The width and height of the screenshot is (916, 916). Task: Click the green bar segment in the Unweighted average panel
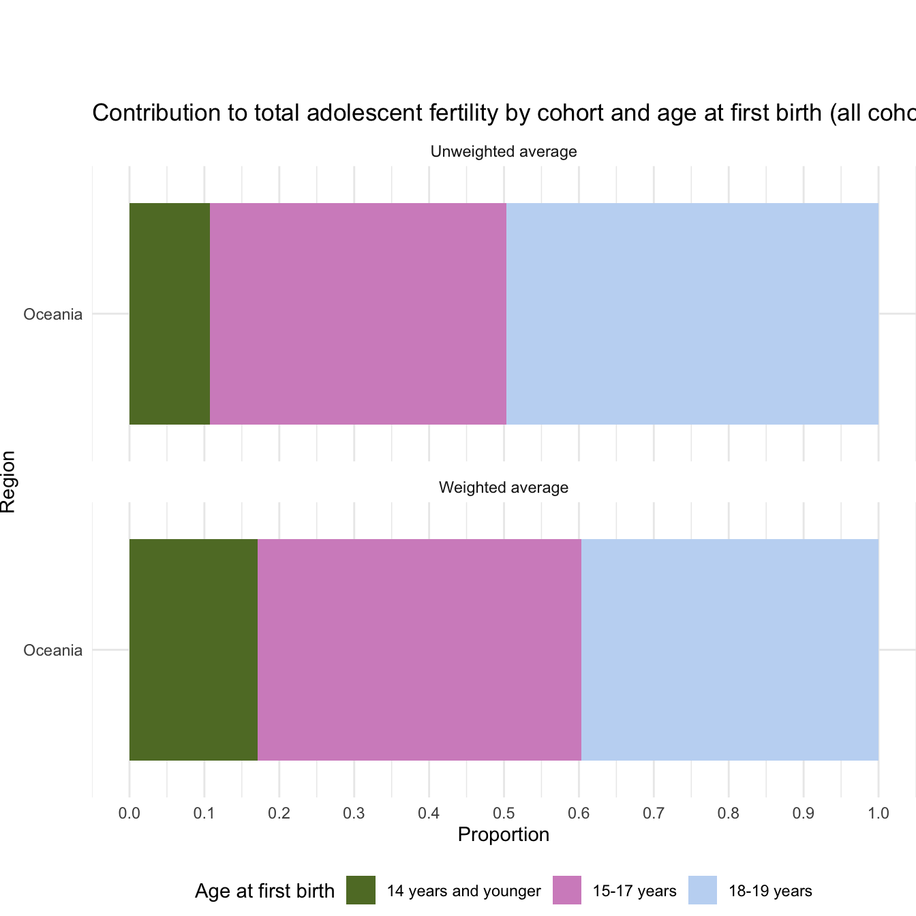(x=170, y=314)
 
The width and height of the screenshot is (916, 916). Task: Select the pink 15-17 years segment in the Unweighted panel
(x=358, y=314)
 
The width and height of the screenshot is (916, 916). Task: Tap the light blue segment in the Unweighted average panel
(x=692, y=314)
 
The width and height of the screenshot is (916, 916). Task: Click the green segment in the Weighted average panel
(x=194, y=650)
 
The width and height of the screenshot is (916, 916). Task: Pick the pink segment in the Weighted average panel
(x=419, y=650)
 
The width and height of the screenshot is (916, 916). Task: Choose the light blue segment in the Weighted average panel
(x=729, y=650)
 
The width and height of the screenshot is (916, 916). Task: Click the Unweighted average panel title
(x=504, y=151)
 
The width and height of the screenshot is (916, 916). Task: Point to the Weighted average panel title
(x=504, y=487)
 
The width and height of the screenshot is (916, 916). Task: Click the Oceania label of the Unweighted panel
(x=53, y=315)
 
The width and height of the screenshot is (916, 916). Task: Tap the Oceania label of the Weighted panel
(x=53, y=650)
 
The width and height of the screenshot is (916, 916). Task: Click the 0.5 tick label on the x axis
(x=504, y=813)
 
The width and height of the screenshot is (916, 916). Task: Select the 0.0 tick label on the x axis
(x=129, y=813)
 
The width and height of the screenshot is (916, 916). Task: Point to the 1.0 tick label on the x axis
(x=879, y=813)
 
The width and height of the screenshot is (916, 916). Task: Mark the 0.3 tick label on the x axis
(x=354, y=813)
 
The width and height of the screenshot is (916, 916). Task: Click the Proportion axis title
(x=504, y=835)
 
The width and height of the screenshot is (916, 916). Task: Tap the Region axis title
(x=8, y=481)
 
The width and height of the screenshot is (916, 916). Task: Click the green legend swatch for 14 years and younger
(x=361, y=890)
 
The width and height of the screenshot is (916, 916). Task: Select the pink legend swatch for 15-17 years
(x=566, y=890)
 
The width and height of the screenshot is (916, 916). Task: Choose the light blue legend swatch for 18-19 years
(x=703, y=890)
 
